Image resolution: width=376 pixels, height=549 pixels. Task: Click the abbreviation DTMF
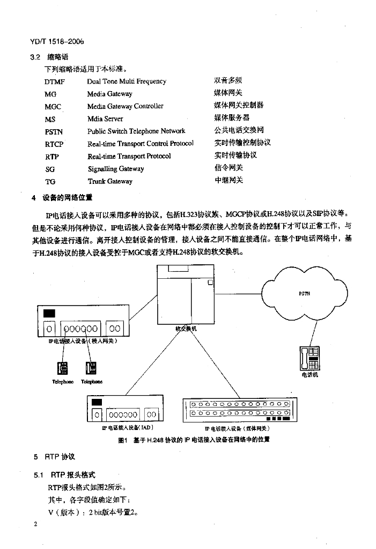click(x=55, y=81)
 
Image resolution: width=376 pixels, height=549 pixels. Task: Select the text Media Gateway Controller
click(x=125, y=106)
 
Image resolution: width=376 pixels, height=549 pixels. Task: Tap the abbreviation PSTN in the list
click(x=54, y=131)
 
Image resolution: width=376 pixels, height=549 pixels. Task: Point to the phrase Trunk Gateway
click(x=110, y=181)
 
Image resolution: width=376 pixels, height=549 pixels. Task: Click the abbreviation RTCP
click(x=54, y=144)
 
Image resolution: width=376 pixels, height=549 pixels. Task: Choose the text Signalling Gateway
click(x=115, y=169)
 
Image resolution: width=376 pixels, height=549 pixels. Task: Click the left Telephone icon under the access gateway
click(x=63, y=368)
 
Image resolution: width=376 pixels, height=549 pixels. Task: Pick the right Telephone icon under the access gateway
click(x=91, y=368)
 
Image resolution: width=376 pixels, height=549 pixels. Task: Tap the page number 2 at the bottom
click(x=35, y=524)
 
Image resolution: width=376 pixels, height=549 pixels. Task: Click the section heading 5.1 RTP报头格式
click(x=64, y=475)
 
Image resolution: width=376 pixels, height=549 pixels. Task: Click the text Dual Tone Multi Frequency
click(x=127, y=81)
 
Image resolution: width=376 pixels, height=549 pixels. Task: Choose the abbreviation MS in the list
click(x=50, y=119)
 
